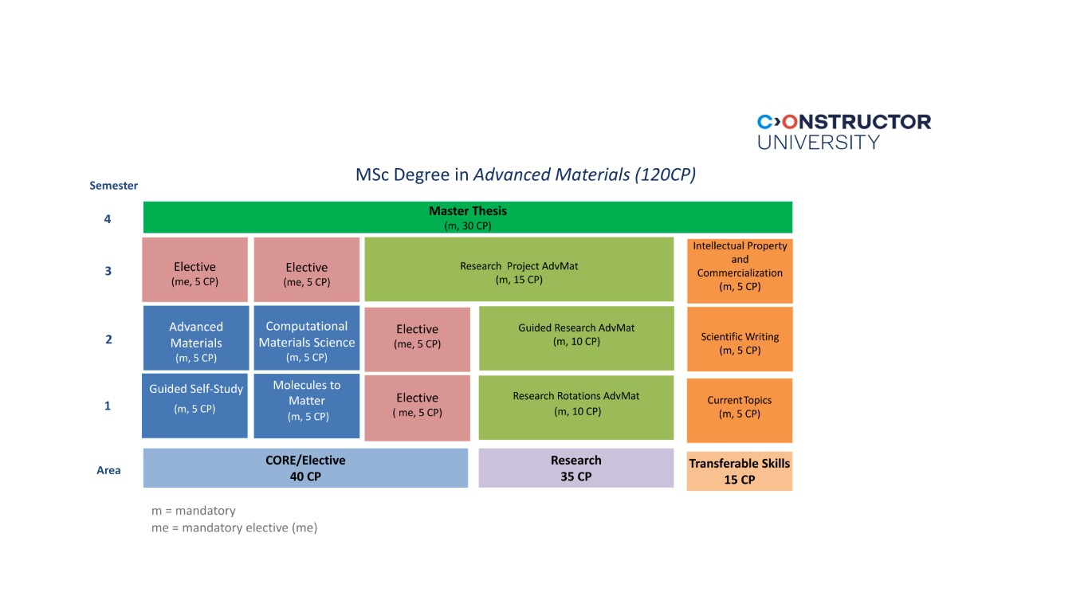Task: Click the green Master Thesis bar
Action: (468, 218)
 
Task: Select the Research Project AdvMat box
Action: (519, 269)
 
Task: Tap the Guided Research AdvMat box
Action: (576, 338)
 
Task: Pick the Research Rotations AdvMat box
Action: (576, 406)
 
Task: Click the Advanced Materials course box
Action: (195, 338)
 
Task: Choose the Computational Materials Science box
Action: (307, 338)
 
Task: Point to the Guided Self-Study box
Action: (195, 405)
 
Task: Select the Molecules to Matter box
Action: (307, 405)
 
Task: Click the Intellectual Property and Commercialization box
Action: (740, 269)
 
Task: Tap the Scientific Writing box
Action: (740, 339)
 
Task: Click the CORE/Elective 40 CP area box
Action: (305, 469)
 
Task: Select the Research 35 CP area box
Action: (575, 468)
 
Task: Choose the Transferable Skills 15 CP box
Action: (740, 471)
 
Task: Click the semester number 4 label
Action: (108, 219)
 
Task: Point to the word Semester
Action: (113, 186)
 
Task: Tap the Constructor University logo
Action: (843, 131)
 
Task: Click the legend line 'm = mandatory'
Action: (194, 511)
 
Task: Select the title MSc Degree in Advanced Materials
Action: (525, 175)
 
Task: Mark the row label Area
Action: (108, 470)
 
